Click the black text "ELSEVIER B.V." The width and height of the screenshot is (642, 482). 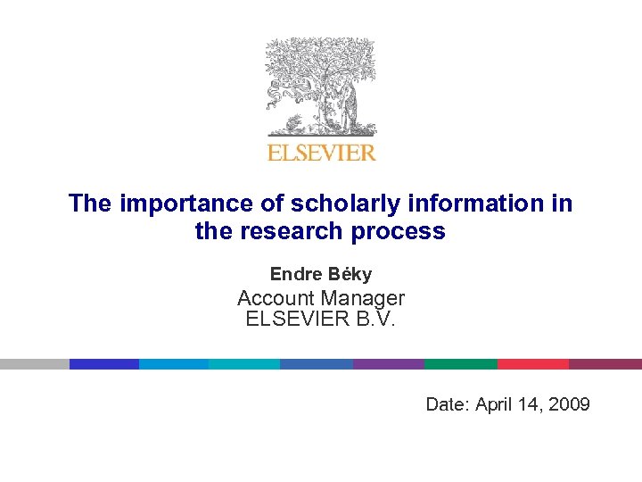(320, 319)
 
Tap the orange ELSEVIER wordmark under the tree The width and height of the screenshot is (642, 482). (322, 153)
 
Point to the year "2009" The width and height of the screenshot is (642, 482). (569, 404)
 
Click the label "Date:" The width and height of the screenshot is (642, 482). (448, 404)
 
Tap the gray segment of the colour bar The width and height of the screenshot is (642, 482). (34, 364)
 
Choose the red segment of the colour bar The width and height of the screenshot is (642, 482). (532, 364)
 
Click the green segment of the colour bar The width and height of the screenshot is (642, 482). (460, 364)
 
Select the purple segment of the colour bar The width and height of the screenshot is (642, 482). (389, 364)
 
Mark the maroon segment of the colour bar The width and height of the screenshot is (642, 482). (605, 364)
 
